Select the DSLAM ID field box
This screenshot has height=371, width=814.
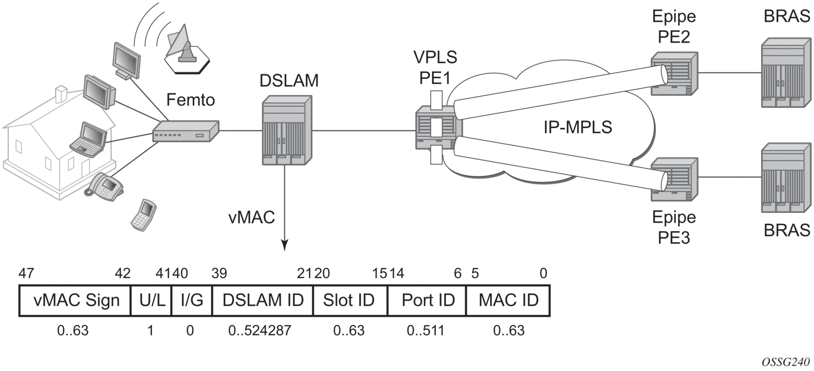(x=262, y=301)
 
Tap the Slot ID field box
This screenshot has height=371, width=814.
(x=349, y=301)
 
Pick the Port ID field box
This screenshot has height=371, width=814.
(x=427, y=301)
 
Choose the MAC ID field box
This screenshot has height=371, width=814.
(x=508, y=301)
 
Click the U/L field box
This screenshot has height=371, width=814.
(x=151, y=301)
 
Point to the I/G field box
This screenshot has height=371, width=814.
(x=191, y=301)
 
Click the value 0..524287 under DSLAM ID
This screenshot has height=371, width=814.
(x=259, y=331)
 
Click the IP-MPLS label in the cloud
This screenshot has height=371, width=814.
(x=578, y=127)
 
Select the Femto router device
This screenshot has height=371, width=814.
(x=186, y=131)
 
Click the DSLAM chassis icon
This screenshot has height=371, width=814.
(x=287, y=130)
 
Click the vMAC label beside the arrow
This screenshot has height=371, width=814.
(x=252, y=217)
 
